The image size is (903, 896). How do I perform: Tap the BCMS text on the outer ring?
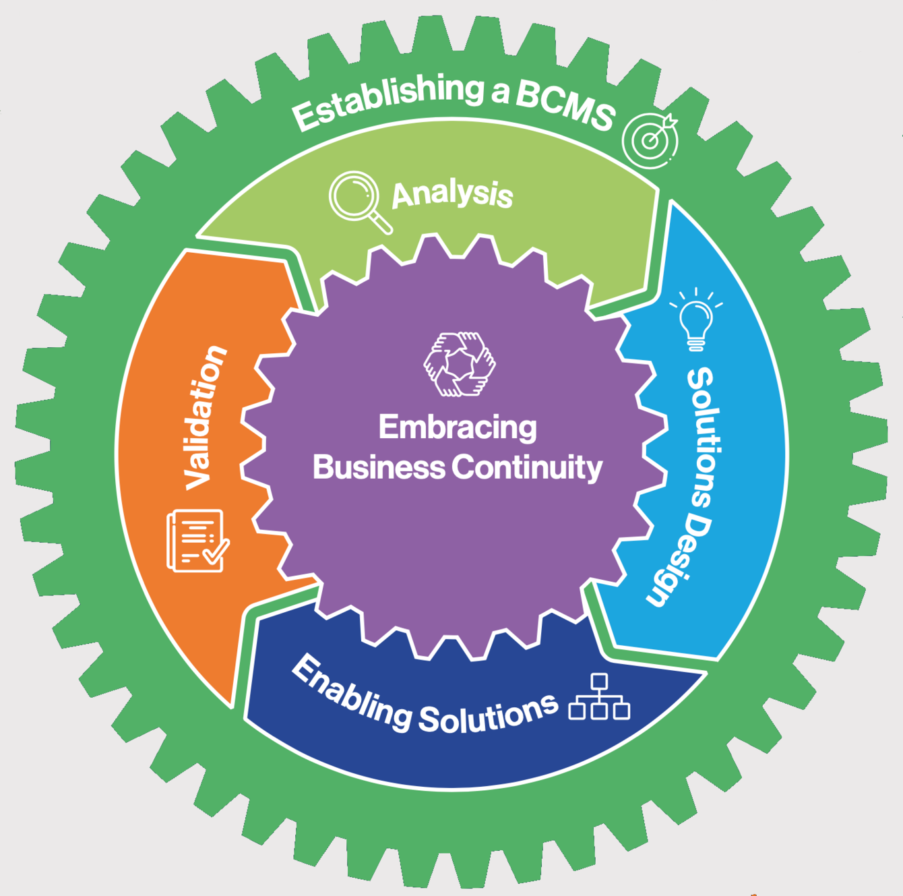pyautogui.click(x=565, y=107)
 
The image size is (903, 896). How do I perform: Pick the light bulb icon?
pyautogui.click(x=696, y=319)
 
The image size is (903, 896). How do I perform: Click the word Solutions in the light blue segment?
pyautogui.click(x=702, y=438)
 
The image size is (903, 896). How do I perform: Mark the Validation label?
pyautogui.click(x=204, y=418)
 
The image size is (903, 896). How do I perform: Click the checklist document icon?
pyautogui.click(x=197, y=541)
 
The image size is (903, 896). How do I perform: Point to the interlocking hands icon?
pyautogui.click(x=459, y=364)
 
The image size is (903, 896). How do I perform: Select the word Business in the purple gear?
pyautogui.click(x=379, y=467)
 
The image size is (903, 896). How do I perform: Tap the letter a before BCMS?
pyautogui.click(x=499, y=93)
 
